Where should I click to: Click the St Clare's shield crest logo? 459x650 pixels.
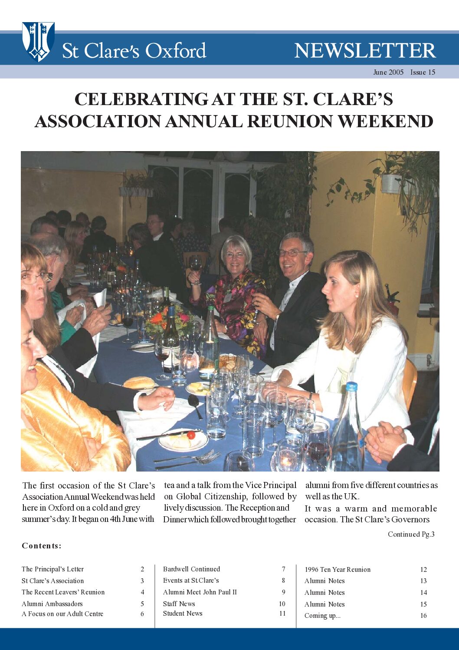[x=38, y=41]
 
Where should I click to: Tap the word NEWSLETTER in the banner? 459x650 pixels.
[x=365, y=51]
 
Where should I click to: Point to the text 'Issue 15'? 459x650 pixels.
[x=423, y=73]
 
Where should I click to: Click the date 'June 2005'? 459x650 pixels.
[x=388, y=73]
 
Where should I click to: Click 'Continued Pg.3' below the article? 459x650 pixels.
[x=411, y=535]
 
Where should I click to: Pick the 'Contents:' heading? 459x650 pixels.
[x=42, y=546]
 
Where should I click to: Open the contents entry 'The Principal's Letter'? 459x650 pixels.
[x=52, y=569]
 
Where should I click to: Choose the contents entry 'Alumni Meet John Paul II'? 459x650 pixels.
[x=200, y=592]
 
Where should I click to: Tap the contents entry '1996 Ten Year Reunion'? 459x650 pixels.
[x=338, y=570]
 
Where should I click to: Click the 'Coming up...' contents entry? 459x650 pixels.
[x=322, y=616]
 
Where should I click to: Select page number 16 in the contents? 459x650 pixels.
[x=423, y=616]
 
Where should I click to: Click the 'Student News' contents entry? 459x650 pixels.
[x=183, y=614]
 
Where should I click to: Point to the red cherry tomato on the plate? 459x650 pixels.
[x=191, y=435]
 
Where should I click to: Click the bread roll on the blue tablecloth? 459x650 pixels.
[x=139, y=383]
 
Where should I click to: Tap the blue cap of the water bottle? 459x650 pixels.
[x=351, y=386]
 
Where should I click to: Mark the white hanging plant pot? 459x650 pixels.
[x=390, y=184]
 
